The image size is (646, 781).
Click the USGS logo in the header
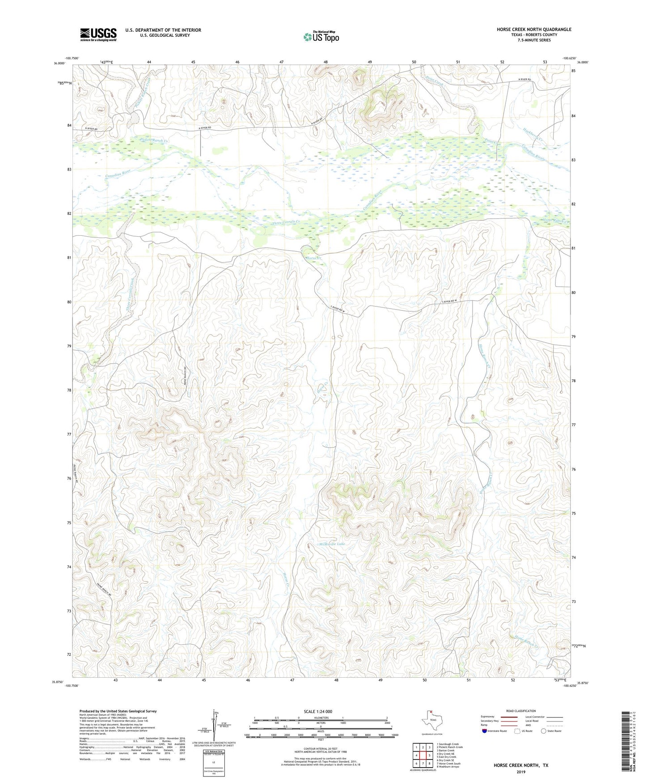(98, 34)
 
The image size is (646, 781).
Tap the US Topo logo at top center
(321, 36)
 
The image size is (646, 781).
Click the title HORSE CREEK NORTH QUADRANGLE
(534, 30)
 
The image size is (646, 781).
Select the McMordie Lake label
(331, 544)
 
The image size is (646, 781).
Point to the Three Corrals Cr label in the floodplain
(286, 222)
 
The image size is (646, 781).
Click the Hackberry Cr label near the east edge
(533, 134)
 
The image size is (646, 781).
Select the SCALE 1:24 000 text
(318, 711)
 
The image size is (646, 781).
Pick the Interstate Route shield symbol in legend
(485, 731)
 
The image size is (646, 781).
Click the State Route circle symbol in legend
(544, 731)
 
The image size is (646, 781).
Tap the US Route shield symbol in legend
(517, 731)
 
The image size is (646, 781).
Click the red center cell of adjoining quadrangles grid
(422, 755)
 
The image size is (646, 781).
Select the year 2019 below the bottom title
(521, 772)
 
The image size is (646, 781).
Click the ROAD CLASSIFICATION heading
(521, 711)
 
